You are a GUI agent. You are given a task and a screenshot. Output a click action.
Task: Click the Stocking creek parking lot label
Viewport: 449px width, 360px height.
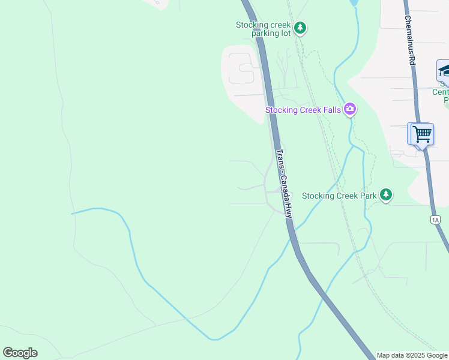pyautogui.click(x=263, y=29)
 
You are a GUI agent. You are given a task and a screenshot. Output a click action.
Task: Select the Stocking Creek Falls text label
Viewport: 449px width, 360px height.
pyautogui.click(x=303, y=110)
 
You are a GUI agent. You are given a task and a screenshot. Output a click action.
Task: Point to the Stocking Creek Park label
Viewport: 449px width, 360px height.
pyautogui.click(x=339, y=196)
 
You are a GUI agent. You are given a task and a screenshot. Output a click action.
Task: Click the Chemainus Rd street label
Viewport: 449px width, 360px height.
pyautogui.click(x=410, y=39)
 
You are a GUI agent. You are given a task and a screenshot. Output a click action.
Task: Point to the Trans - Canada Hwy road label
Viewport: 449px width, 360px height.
pyautogui.click(x=283, y=183)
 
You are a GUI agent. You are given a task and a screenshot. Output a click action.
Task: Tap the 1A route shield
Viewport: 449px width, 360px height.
pyautogui.click(x=435, y=220)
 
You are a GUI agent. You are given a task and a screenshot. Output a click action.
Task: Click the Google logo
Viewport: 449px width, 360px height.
pyautogui.click(x=20, y=353)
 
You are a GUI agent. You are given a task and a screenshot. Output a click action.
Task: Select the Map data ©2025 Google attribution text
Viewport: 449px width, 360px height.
pyautogui.click(x=412, y=355)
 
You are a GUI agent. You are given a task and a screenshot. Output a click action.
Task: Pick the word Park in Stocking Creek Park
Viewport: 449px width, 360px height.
pyautogui.click(x=367, y=196)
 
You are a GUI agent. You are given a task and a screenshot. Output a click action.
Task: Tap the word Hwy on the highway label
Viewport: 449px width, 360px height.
pyautogui.click(x=289, y=209)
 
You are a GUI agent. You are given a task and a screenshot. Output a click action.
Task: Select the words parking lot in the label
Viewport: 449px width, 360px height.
pyautogui.click(x=271, y=34)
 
